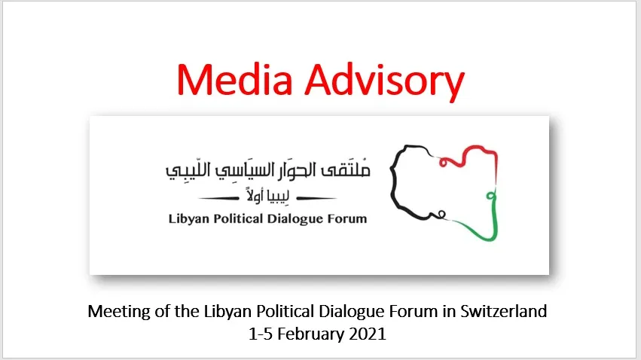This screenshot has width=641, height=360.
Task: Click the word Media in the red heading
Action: point(235,80)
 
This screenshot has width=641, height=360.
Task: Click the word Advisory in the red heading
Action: point(385,82)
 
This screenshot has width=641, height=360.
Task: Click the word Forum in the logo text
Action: point(347,219)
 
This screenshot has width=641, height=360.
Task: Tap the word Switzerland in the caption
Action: point(504,311)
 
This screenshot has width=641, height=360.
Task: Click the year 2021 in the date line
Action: point(368,334)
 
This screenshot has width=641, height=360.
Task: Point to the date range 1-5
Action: point(261,334)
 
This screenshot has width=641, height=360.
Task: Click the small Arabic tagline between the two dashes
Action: point(267,195)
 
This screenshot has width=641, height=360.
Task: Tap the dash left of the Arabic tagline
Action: point(218,199)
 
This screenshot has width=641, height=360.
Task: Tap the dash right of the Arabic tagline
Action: point(316,199)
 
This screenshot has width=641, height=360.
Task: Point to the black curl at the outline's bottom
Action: point(441,214)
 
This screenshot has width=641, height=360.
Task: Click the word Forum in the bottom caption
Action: point(414,312)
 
